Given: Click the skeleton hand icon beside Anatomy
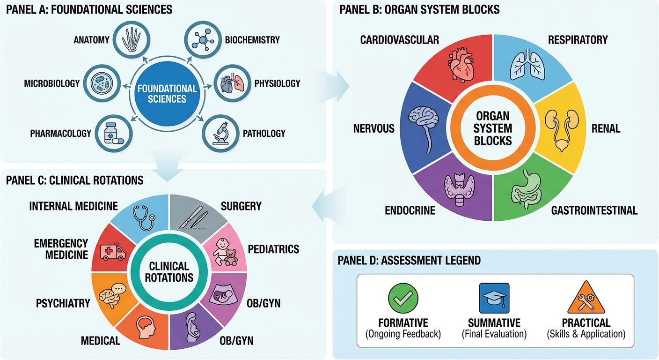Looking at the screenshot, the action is point(132,39).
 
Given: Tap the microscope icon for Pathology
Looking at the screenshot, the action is point(221,133).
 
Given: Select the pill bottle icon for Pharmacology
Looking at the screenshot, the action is point(113,134).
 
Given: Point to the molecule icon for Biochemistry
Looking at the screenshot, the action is point(203,39).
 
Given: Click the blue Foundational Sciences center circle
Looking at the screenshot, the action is point(167,94).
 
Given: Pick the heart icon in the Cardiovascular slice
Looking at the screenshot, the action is point(461,65).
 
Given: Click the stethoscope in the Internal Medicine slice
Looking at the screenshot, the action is point(144,217).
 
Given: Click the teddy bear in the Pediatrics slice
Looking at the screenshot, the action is point(231,258).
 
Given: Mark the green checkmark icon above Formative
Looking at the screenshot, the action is point(403,298).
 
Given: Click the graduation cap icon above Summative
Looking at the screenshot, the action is point(494,298).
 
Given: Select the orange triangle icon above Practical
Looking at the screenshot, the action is point(586,297).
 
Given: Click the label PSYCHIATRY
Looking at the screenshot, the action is point(63,303).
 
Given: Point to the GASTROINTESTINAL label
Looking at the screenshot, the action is point(594,210).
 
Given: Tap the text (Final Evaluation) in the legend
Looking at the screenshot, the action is point(494,334).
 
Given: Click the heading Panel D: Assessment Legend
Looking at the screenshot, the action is point(409,261).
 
